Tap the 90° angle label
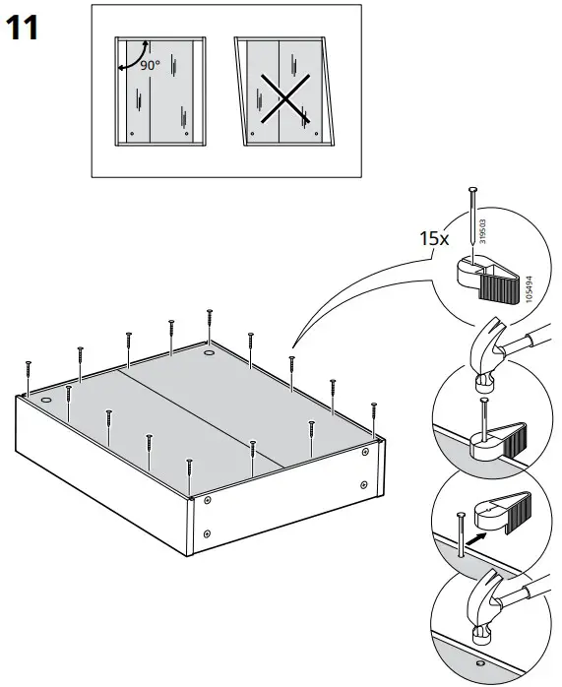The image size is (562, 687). pos(150,65)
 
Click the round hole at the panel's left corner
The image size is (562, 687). pos(46,402)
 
